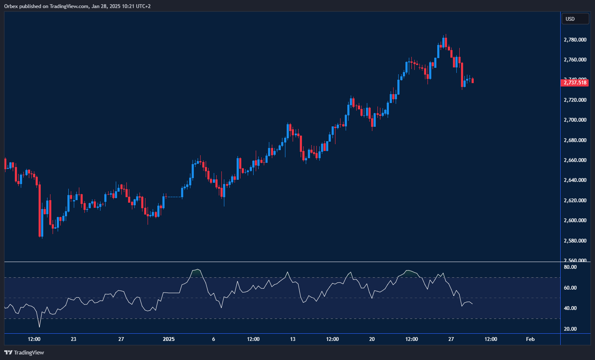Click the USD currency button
click(575, 19)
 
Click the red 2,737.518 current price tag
click(575, 83)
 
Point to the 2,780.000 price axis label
click(575, 40)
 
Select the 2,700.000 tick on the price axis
click(575, 120)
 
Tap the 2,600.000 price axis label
click(575, 220)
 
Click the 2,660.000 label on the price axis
click(575, 160)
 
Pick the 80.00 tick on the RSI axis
click(570, 267)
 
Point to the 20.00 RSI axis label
click(570, 329)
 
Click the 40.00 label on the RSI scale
click(570, 308)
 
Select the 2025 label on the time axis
click(169, 339)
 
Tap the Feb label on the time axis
click(530, 339)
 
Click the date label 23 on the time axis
click(73, 339)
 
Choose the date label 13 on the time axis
click(293, 339)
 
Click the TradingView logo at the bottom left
click(24, 352)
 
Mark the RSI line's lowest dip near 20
click(39, 327)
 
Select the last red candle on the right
click(472, 81)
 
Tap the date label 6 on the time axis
click(214, 339)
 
